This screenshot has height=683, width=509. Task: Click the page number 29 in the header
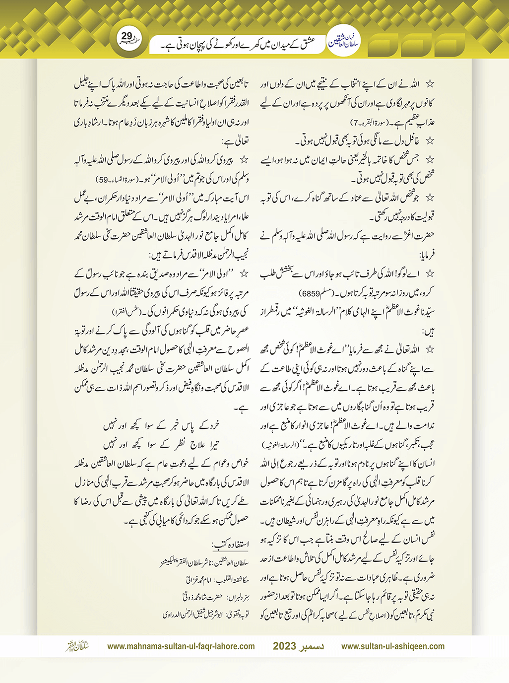point(127,36)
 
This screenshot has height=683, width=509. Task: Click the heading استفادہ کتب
point(231,545)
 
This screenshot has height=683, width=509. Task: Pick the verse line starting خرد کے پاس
point(161,425)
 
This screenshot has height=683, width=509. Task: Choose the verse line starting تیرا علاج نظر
point(161,444)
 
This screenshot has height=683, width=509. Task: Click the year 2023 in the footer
point(284,646)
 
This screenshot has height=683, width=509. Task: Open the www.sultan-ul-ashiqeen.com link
point(393,646)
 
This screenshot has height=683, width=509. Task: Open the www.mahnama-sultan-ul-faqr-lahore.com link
point(181,646)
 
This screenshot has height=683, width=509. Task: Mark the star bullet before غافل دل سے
point(430,141)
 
